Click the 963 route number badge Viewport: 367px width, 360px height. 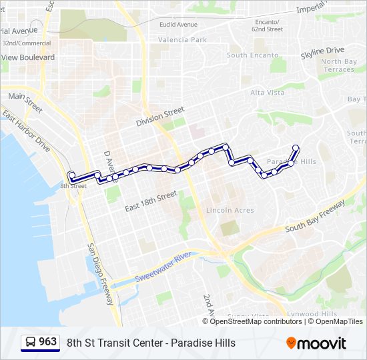pos(39,343)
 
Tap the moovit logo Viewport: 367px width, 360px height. pos(316,343)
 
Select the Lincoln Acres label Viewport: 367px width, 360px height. pos(230,210)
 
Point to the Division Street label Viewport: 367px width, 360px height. pos(159,119)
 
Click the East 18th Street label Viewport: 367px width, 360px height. pos(151,201)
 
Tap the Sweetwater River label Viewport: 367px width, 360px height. pos(163,267)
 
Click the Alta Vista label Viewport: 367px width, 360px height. pos(267,93)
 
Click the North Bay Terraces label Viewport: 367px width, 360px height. pos(338,65)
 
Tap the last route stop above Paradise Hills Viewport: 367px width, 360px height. pos(296,148)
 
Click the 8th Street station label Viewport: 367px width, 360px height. pos(73,186)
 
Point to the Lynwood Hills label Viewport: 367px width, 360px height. pos(312,314)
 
